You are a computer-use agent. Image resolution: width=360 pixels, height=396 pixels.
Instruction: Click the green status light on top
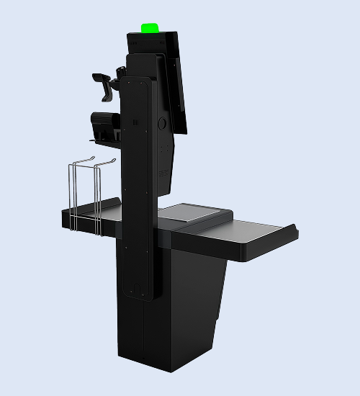[150, 29]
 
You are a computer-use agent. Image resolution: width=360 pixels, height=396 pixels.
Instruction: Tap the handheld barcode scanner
[105, 85]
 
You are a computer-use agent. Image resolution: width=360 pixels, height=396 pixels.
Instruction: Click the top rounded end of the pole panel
[138, 81]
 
